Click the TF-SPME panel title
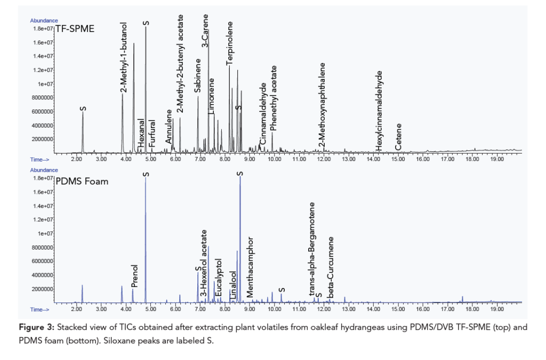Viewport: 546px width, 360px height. [75, 29]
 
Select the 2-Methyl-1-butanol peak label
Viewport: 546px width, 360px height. [123, 57]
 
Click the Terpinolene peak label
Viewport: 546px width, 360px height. [230, 43]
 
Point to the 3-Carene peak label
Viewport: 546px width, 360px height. [205, 32]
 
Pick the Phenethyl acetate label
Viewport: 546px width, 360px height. [274, 98]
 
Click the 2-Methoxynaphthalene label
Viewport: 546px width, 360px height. [322, 105]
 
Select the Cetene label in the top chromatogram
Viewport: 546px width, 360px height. [398, 137]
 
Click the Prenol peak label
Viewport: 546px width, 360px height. [134, 276]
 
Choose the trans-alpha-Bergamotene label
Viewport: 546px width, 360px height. [312, 249]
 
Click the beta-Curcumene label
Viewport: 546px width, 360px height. [331, 267]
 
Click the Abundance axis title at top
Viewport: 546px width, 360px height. [44, 20]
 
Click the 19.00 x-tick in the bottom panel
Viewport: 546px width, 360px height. [496, 309]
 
